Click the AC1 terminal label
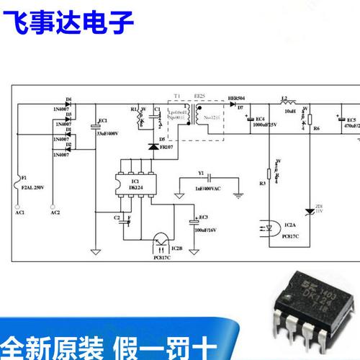(x=19, y=213)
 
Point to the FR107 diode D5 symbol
(x=153, y=146)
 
